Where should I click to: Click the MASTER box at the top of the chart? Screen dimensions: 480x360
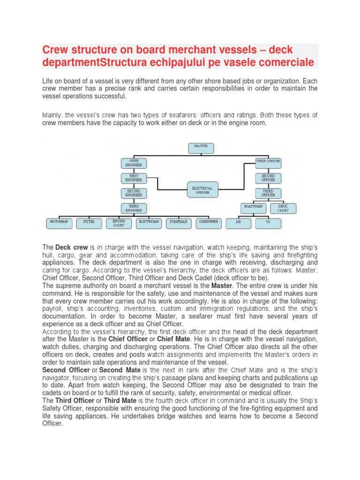pos(202,149)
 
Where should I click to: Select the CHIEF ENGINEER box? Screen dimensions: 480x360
pos(134,163)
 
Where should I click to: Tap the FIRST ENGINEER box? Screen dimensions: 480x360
pos(134,178)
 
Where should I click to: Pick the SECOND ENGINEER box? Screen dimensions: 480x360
pos(134,193)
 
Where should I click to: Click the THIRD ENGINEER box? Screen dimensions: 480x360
pos(134,209)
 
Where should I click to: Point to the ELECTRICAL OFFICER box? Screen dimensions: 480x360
pos(202,189)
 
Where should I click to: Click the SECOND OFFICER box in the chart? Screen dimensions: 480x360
pos(268,178)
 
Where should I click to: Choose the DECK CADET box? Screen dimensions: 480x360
pos(283,208)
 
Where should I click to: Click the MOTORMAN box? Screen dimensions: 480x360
pos(59,223)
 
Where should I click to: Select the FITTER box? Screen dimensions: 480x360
pos(89,223)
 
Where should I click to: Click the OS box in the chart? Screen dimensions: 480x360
pos(268,223)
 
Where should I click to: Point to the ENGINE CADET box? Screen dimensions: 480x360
pos(119,223)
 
